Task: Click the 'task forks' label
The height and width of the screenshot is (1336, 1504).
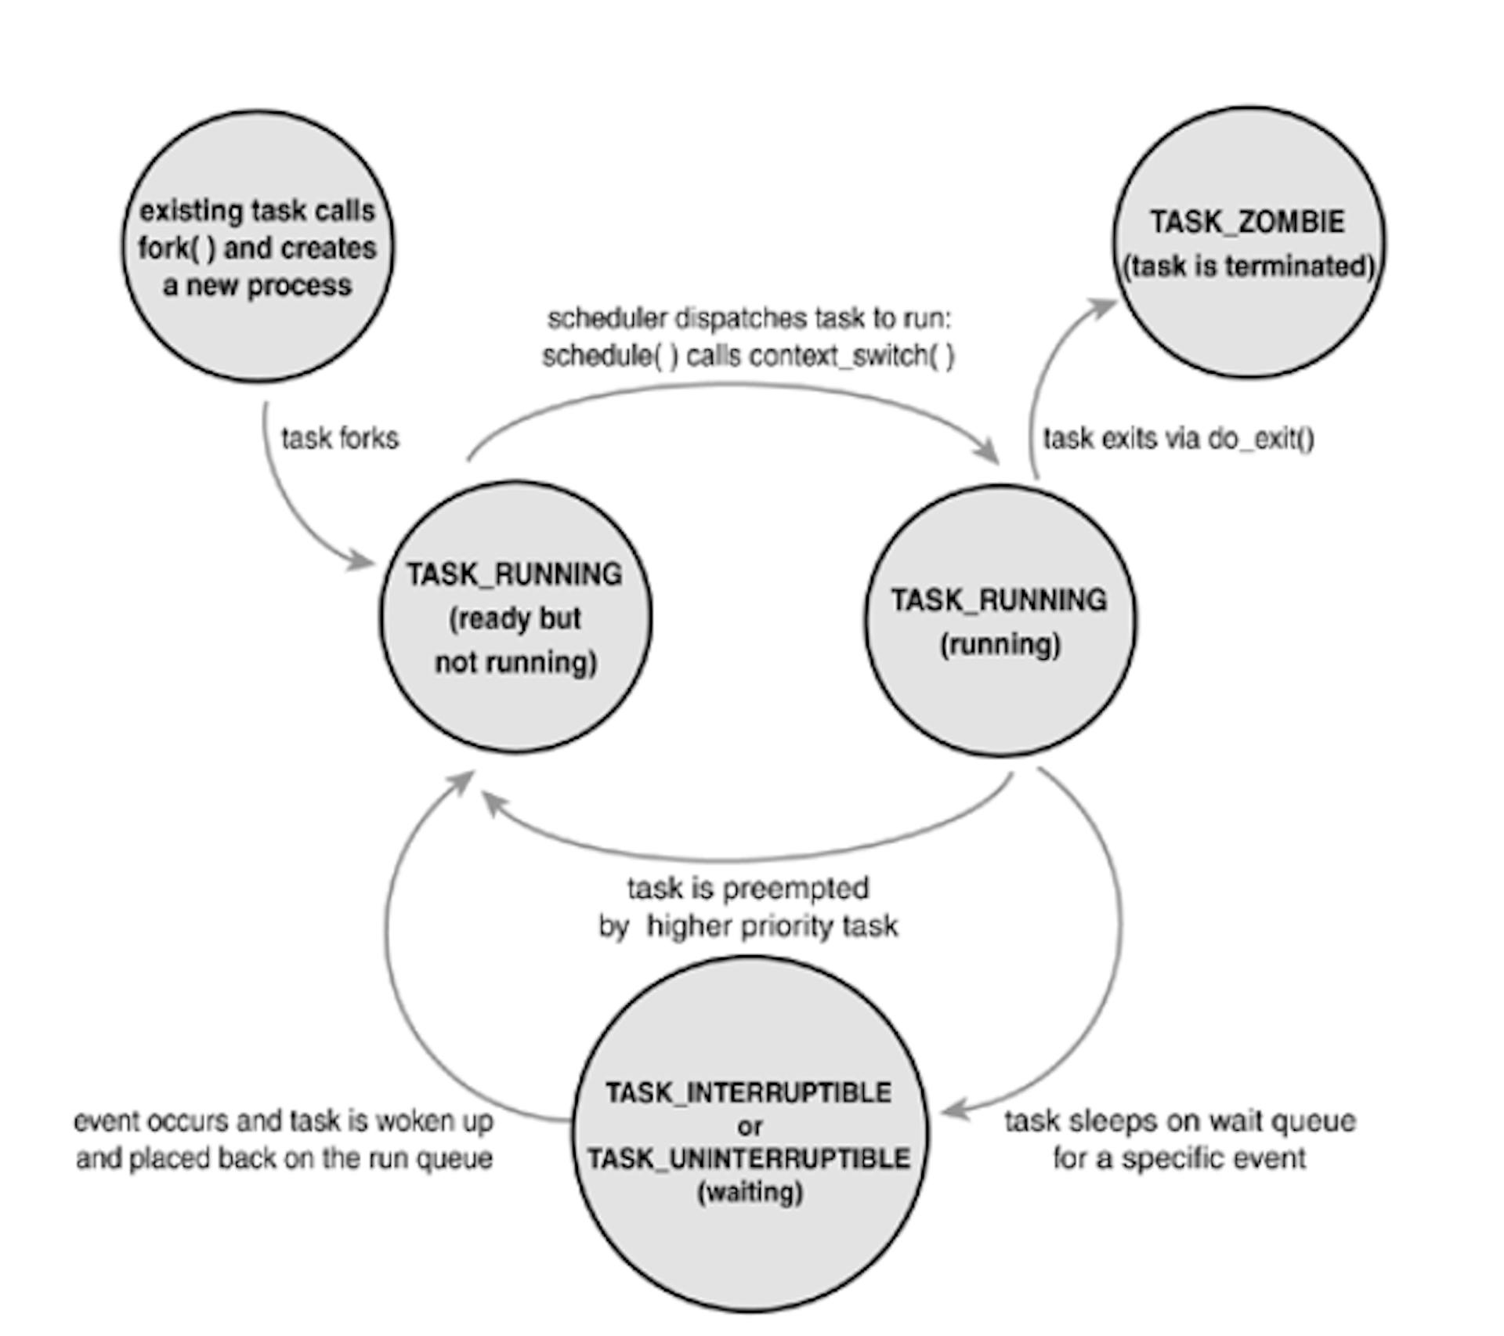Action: [x=340, y=439]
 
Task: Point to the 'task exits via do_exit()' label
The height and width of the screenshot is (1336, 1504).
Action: [x=1178, y=439]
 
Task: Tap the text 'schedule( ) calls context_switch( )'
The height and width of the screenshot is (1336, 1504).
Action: [x=748, y=357]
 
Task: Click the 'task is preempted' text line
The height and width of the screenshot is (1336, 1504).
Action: [x=748, y=889]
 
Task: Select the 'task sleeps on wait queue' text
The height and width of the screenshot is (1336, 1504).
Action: [x=1180, y=1121]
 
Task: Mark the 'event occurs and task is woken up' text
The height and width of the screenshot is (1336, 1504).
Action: [x=284, y=1121]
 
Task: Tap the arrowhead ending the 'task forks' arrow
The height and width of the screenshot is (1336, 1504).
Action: [x=362, y=561]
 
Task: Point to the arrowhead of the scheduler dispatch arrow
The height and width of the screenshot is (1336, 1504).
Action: [x=989, y=452]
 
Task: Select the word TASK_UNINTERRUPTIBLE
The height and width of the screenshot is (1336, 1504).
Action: [x=749, y=1158]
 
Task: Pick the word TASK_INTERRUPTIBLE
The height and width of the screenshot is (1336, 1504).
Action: [x=749, y=1092]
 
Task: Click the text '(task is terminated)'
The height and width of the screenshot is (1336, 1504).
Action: [x=1249, y=266]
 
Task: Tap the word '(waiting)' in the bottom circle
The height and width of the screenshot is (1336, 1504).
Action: [x=750, y=1193]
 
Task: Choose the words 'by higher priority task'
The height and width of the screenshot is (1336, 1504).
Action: [x=748, y=927]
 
